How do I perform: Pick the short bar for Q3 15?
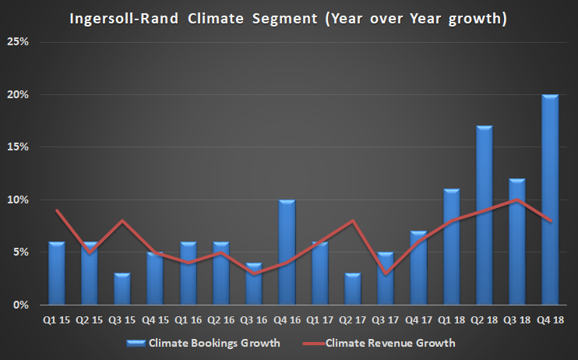tap(122, 289)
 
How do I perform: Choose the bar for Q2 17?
tap(353, 289)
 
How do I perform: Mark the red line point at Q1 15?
tap(57, 210)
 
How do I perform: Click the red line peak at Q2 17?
tap(353, 221)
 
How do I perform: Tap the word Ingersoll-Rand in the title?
tap(133, 16)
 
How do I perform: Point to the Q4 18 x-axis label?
tap(550, 319)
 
